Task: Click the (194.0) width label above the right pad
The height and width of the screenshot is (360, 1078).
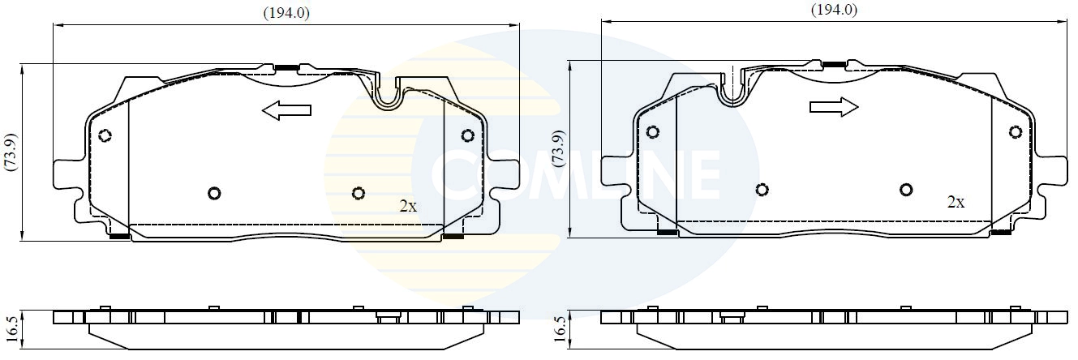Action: tap(834, 10)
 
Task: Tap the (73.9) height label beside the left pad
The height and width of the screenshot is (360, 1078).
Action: tap(11, 152)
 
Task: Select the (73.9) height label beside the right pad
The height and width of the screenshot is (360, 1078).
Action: tap(557, 148)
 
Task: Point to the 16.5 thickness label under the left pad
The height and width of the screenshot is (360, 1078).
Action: tap(11, 328)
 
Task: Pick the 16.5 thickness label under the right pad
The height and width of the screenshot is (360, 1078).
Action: tap(557, 328)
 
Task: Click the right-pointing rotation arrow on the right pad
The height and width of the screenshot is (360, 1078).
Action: tap(834, 107)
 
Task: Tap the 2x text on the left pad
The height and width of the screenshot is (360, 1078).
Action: tap(408, 206)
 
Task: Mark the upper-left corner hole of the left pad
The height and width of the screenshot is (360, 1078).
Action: tap(104, 135)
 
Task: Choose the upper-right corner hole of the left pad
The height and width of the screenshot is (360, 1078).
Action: tap(467, 135)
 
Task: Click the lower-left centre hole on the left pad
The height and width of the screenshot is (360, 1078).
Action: tap(214, 193)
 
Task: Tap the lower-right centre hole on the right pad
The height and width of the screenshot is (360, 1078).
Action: tap(906, 190)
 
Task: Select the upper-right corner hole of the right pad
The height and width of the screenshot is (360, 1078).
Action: tap(1015, 131)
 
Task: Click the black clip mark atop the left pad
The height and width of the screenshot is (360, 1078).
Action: tap(286, 67)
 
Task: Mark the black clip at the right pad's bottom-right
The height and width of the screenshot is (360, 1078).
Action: tap(1002, 233)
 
